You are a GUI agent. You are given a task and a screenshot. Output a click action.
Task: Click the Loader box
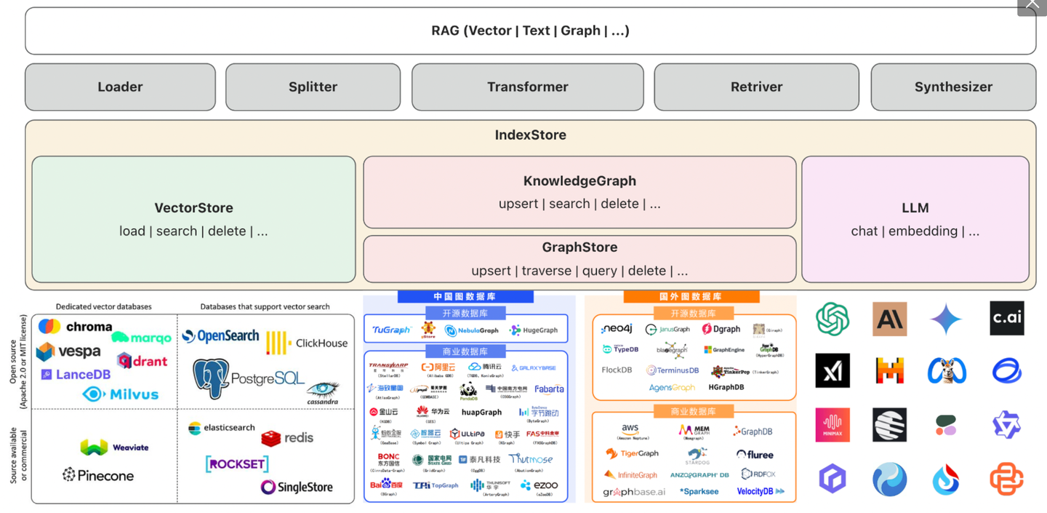point(120,87)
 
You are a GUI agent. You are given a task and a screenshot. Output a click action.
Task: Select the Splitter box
point(313,87)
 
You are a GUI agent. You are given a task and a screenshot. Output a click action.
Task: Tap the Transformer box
point(527,87)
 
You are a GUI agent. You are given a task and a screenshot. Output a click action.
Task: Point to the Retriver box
point(756,87)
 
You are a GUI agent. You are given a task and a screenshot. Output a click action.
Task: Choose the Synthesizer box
point(953,87)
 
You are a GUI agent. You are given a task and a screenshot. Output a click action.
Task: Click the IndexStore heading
point(530,135)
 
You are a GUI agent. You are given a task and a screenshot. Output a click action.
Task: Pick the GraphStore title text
point(579,247)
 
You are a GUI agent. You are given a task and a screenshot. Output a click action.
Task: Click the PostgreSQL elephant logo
point(211,378)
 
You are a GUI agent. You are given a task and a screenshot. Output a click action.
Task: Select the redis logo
point(287,437)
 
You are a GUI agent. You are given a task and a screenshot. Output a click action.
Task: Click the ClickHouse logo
point(306,343)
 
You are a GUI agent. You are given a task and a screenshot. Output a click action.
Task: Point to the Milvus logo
point(120,394)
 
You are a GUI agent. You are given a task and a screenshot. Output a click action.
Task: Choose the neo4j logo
point(617,329)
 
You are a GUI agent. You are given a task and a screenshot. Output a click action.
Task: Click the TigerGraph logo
point(632,453)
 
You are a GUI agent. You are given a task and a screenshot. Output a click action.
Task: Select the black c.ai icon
point(1006,318)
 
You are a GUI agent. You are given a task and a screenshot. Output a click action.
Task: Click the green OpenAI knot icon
point(833,319)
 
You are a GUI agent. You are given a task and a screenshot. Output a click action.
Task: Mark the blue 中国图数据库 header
point(465,296)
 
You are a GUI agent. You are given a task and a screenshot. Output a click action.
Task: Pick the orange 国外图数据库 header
point(691,296)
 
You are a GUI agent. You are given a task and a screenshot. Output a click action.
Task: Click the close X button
point(1032,6)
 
